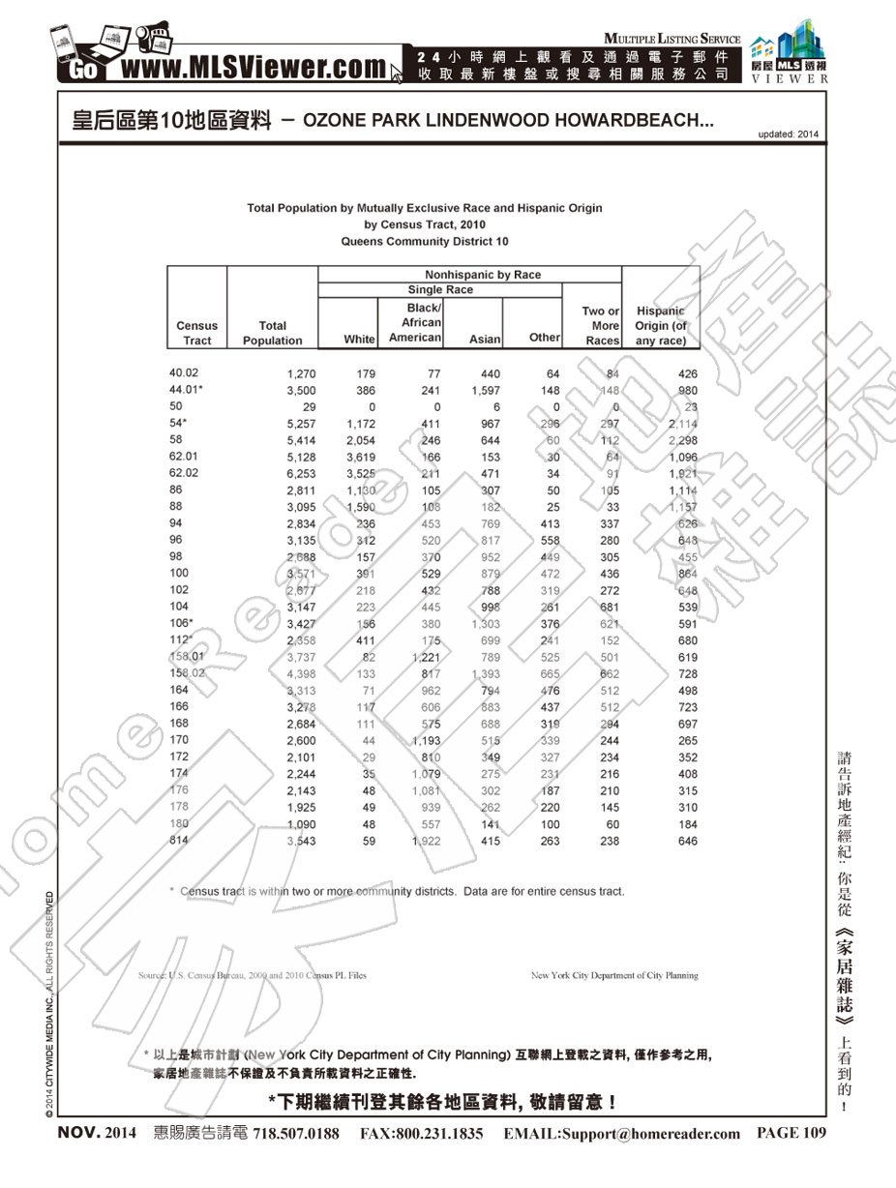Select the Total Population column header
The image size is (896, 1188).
pyautogui.click(x=273, y=333)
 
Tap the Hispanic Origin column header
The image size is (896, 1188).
pyautogui.click(x=661, y=326)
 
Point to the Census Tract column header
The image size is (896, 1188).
pyautogui.click(x=196, y=333)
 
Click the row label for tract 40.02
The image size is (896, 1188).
pyautogui.click(x=183, y=372)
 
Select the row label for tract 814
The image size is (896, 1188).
pyautogui.click(x=179, y=841)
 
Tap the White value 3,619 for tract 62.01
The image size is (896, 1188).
pyautogui.click(x=360, y=458)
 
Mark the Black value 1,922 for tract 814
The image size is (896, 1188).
pyautogui.click(x=426, y=842)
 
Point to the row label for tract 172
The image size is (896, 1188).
pyautogui.click(x=179, y=757)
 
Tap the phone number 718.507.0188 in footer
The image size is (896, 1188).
pyautogui.click(x=296, y=1134)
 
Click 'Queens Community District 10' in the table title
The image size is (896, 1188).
pyautogui.click(x=425, y=241)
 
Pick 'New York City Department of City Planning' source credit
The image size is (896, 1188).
pyautogui.click(x=614, y=976)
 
